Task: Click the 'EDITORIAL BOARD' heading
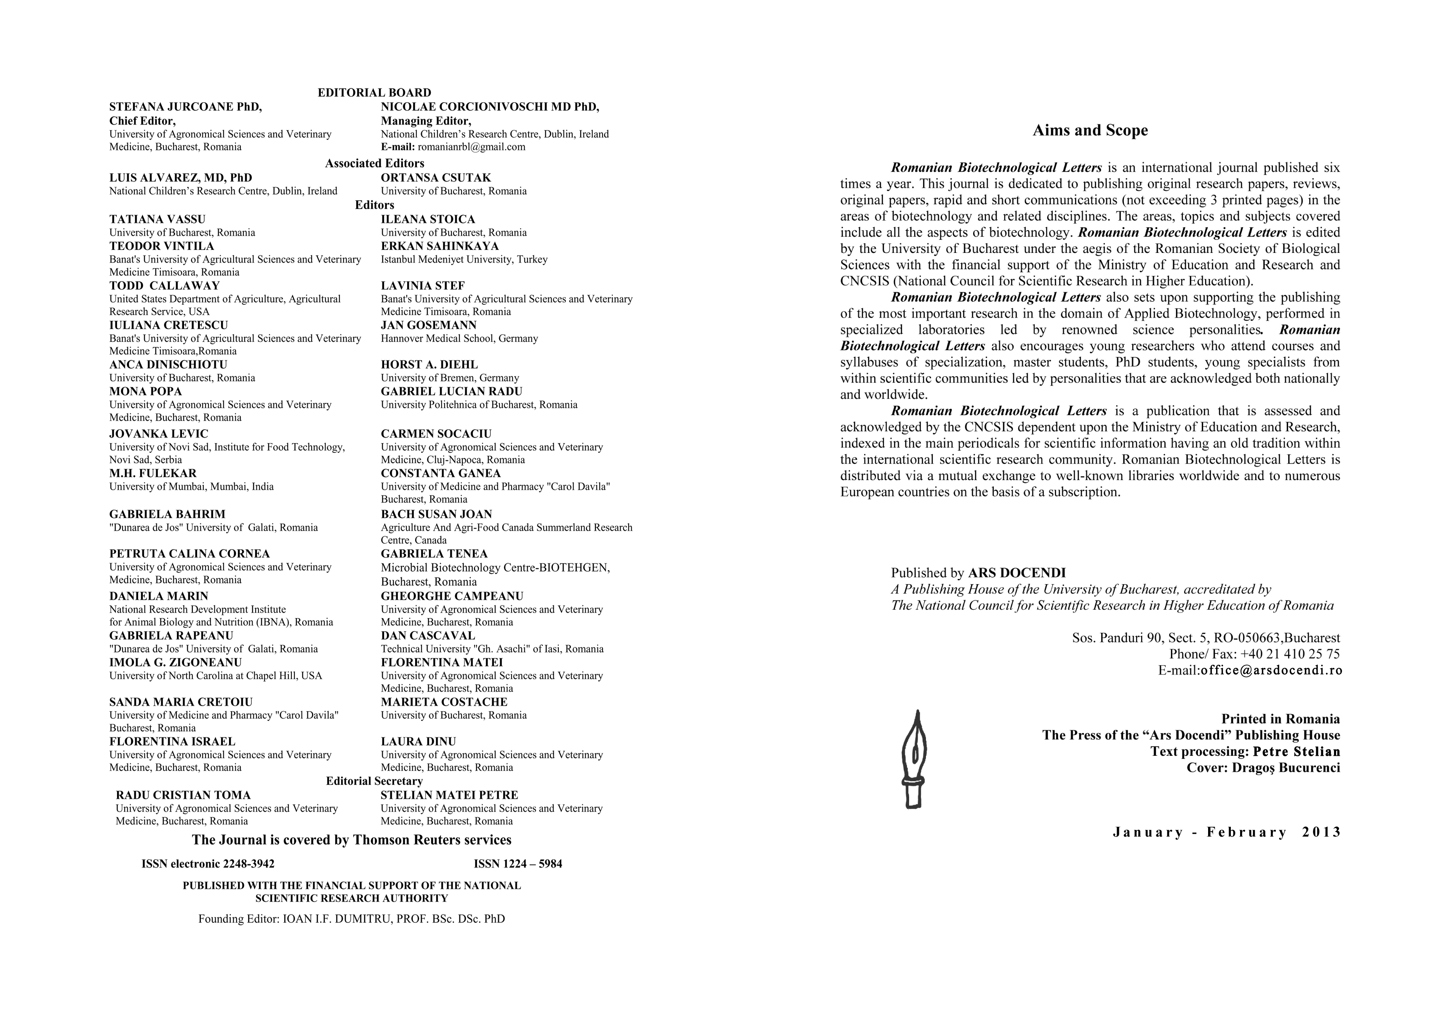point(374,93)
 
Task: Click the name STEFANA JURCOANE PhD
point(185,106)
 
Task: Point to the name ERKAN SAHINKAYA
point(439,246)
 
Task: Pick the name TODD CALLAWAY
point(165,285)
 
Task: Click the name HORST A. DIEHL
point(429,365)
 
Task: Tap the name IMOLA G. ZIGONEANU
point(175,662)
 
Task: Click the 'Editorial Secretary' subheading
point(374,781)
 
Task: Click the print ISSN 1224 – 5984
point(518,864)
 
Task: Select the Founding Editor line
point(352,919)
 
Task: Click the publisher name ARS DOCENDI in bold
point(1016,573)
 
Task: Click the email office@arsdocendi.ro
point(1271,670)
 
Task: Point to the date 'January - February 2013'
point(1226,832)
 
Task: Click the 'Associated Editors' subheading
point(374,163)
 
